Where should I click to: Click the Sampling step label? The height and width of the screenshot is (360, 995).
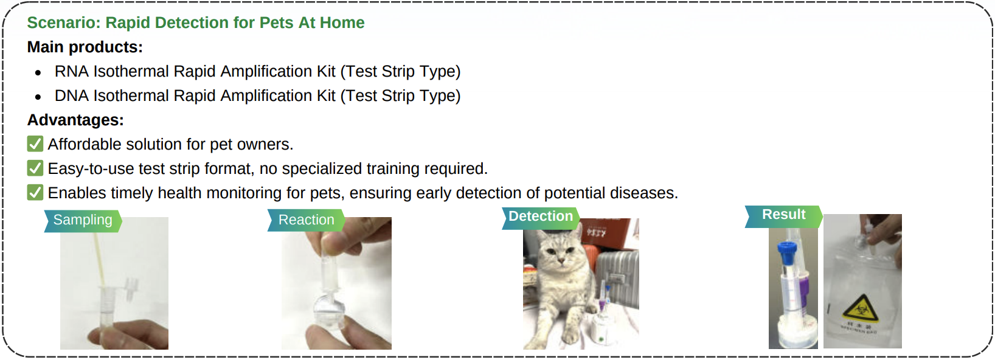(x=83, y=220)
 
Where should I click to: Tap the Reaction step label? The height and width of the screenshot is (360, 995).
(x=306, y=220)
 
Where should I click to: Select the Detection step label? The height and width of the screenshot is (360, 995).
(x=541, y=216)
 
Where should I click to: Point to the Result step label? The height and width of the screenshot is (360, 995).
(x=783, y=215)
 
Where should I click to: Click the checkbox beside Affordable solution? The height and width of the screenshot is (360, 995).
(x=35, y=144)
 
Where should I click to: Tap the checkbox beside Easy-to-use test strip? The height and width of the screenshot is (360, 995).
(x=35, y=168)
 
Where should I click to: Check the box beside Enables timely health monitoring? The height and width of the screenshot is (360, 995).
(x=35, y=193)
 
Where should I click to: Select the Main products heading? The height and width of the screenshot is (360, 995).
(x=85, y=47)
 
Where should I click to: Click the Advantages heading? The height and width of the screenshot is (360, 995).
(x=75, y=120)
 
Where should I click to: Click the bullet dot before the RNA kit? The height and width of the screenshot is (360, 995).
(x=38, y=72)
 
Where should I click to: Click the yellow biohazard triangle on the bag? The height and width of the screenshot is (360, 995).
(x=861, y=309)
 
